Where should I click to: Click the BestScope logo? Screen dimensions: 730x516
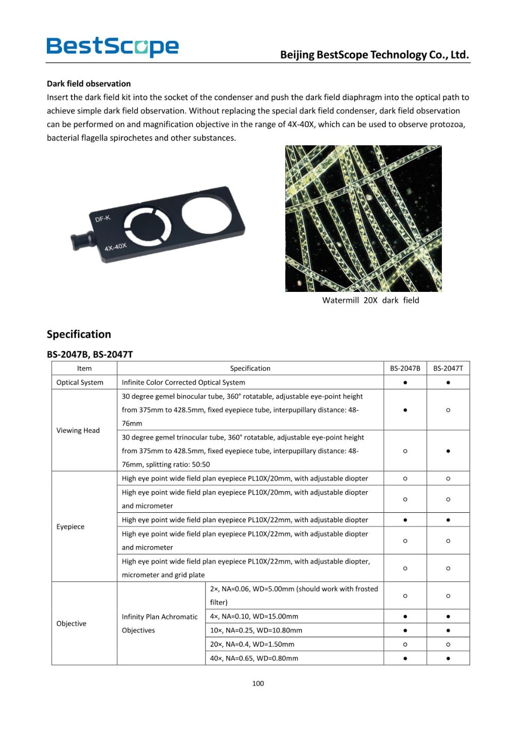(112, 47)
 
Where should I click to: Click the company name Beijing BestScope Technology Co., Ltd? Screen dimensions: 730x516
(374, 54)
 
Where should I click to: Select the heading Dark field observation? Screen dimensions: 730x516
(89, 84)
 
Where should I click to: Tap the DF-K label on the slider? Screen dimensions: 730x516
(102, 218)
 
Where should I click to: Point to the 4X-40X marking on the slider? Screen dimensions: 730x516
(115, 247)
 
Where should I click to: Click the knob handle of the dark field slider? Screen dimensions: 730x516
(81, 241)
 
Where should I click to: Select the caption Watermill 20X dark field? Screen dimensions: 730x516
(370, 300)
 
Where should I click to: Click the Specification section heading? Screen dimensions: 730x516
(79, 334)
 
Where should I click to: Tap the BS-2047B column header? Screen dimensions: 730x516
(405, 369)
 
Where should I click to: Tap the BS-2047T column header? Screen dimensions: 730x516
(448, 369)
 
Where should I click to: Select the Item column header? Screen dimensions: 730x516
(84, 369)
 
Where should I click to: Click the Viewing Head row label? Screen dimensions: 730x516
(78, 431)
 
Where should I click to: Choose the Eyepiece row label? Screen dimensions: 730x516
(71, 527)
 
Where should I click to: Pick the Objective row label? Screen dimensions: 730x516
(71, 624)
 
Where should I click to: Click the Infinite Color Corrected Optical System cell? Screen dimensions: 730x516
(183, 383)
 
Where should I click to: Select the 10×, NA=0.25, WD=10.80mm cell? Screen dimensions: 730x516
(256, 631)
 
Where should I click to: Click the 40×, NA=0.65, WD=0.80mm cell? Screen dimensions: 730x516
(254, 658)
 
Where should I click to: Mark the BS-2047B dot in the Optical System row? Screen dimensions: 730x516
(405, 383)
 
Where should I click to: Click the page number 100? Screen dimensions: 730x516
(258, 684)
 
